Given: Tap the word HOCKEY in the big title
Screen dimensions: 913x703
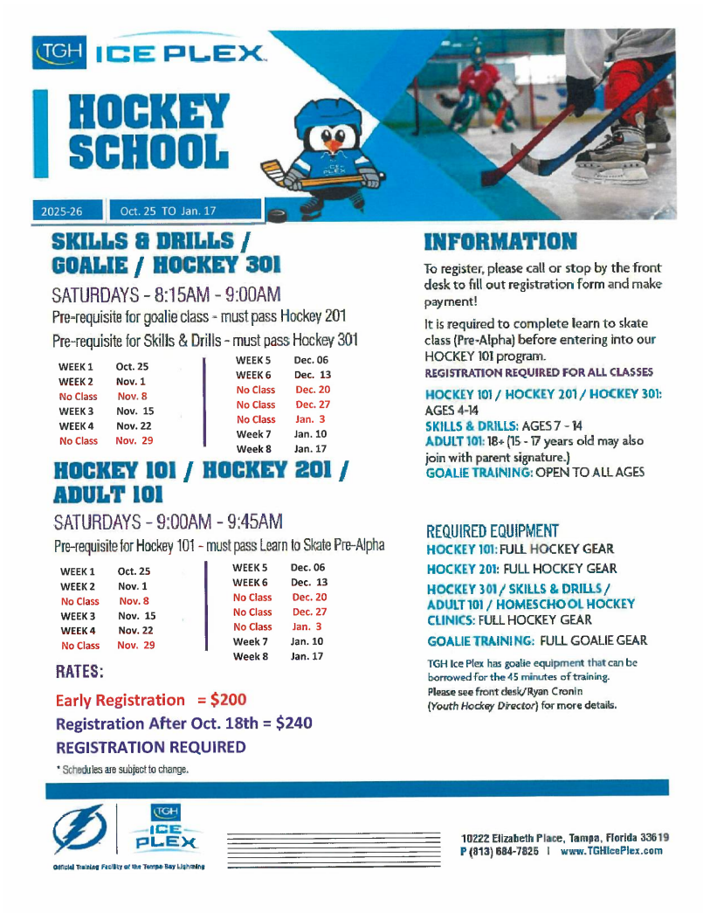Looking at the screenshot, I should coord(149,113).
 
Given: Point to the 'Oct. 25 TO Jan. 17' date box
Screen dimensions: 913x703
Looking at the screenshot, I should coord(185,211).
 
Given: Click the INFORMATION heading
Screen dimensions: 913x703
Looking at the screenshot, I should coord(500,242).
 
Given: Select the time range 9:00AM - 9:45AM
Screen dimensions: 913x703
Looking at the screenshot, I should coord(217,522).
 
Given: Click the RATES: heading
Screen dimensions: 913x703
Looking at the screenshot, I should coord(79,673).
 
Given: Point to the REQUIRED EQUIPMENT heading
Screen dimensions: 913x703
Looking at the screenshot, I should coord(493,531).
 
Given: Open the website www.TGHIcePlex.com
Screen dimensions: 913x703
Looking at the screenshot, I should coord(611,851).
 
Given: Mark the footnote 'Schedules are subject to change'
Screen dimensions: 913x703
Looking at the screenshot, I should coord(123,770).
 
